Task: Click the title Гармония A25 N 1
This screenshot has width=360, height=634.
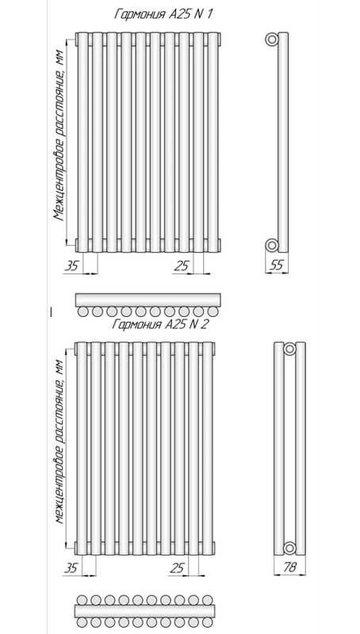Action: click(164, 14)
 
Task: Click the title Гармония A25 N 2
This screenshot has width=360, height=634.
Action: click(160, 324)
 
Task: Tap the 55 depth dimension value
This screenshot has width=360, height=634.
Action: click(276, 265)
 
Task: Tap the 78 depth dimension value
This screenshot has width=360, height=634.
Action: click(289, 567)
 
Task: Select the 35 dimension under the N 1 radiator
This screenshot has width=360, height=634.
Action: click(71, 265)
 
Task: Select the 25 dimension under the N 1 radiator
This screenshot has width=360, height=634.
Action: click(182, 265)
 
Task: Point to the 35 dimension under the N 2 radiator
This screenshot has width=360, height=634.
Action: click(71, 568)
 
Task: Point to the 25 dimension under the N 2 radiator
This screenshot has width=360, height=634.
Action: click(177, 568)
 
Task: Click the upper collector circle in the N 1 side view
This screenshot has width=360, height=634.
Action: click(272, 40)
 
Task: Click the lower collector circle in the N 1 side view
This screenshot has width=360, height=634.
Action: click(272, 245)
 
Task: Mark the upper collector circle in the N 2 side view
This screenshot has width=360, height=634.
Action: click(289, 349)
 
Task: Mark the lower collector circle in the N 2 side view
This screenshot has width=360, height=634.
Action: click(289, 548)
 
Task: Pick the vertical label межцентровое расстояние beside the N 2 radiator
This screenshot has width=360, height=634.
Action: click(59, 441)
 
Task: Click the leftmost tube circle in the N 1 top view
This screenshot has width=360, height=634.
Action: click(83, 311)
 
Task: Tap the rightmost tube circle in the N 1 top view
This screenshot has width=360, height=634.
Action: click(213, 311)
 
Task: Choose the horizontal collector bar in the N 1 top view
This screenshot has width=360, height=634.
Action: click(148, 300)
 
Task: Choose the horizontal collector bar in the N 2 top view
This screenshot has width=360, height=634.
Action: click(145, 611)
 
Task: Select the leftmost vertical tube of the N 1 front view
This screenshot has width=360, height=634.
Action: click(83, 143)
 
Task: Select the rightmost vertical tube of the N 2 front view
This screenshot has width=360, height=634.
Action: click(208, 449)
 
